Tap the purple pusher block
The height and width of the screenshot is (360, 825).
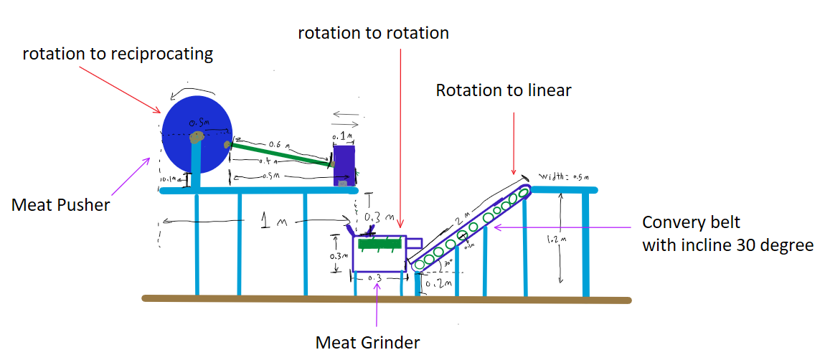345,164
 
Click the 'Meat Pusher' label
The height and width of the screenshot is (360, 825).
60,205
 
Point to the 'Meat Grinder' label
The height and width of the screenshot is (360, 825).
367,342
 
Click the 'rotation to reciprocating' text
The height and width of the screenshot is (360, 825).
118,54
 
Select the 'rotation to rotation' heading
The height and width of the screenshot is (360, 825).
373,33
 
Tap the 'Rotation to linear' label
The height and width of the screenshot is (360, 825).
504,90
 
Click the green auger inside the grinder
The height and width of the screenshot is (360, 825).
377,245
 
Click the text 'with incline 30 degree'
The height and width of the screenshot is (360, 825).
727,245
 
